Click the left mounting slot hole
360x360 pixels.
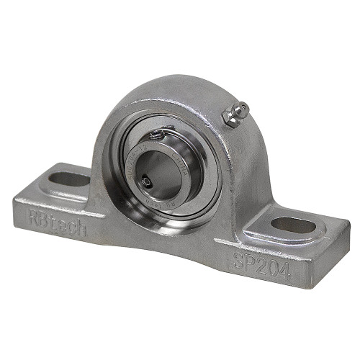click(70, 178)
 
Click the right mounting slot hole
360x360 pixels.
click(293, 225)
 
